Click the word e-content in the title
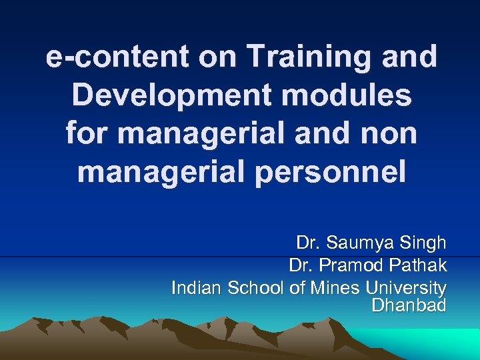click(107, 57)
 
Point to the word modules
click(347, 96)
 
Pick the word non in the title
click(389, 134)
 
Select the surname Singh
click(422, 244)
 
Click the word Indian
click(197, 288)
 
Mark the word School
click(256, 288)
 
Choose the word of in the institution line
click(296, 288)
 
